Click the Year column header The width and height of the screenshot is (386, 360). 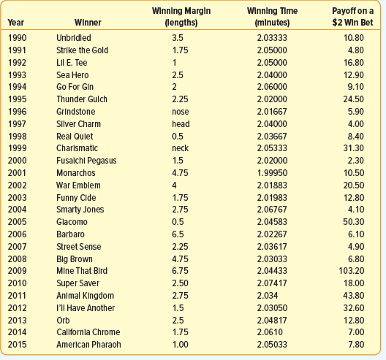click(x=16, y=23)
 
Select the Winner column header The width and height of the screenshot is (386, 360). click(x=88, y=23)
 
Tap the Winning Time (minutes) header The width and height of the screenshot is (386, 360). click(x=272, y=17)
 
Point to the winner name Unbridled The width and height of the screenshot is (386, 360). click(x=74, y=38)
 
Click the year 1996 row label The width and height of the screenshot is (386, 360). click(x=17, y=112)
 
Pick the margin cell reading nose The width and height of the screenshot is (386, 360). click(x=181, y=112)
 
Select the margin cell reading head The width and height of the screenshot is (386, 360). click(x=181, y=124)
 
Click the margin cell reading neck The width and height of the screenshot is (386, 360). click(x=180, y=148)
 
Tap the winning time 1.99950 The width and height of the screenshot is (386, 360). click(x=272, y=173)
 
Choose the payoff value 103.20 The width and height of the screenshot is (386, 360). click(x=352, y=271)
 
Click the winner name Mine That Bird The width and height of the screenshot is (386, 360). click(x=82, y=271)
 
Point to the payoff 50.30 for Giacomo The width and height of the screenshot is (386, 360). click(x=354, y=222)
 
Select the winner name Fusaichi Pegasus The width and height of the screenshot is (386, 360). click(x=86, y=161)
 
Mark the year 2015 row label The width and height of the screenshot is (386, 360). click(x=17, y=345)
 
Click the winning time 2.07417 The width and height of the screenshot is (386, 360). click(x=272, y=283)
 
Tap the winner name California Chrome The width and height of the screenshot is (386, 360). click(x=88, y=332)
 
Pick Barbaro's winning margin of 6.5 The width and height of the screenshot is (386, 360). click(x=178, y=234)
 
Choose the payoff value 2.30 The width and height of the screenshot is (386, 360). click(x=356, y=161)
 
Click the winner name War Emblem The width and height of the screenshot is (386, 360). click(x=78, y=185)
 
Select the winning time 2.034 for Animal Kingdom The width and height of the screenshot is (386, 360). click(x=268, y=296)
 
